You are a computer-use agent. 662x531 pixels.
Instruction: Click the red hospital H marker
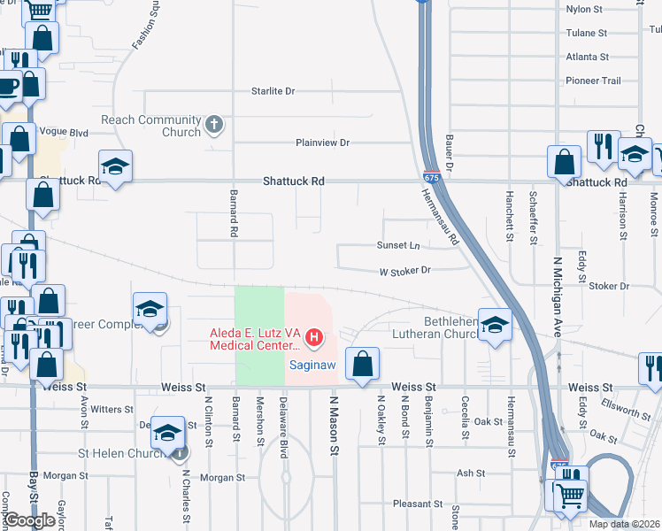(x=313, y=337)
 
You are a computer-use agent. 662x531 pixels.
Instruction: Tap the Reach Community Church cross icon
(x=213, y=124)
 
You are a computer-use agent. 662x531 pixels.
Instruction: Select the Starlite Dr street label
(x=273, y=91)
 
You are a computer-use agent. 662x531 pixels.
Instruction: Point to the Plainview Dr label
(x=323, y=142)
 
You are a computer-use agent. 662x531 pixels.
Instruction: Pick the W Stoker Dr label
(x=404, y=271)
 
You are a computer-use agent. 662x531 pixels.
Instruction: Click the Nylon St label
(x=583, y=10)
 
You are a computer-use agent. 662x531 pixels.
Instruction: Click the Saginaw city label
(x=312, y=365)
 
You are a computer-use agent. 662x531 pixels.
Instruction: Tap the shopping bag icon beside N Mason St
(x=362, y=364)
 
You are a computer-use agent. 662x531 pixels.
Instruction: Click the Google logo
(x=29, y=520)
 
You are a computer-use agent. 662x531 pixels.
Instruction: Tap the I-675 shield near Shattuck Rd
(x=431, y=176)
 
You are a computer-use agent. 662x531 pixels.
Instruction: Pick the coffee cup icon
(x=7, y=88)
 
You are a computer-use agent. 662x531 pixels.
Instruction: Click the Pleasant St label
(x=417, y=504)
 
